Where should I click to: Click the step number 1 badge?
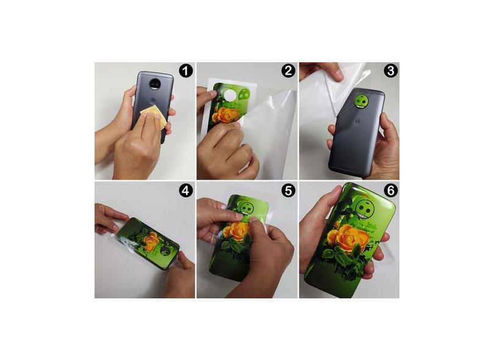pyautogui.click(x=186, y=71)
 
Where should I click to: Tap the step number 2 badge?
pyautogui.click(x=288, y=71)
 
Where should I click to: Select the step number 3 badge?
pyautogui.click(x=391, y=71)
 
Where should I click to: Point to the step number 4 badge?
pyautogui.click(x=186, y=190)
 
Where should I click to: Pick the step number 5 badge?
pyautogui.click(x=288, y=190)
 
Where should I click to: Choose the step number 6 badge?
pyautogui.click(x=391, y=190)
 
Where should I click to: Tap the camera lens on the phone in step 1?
pyautogui.click(x=155, y=84)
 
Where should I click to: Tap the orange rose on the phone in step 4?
pyautogui.click(x=151, y=241)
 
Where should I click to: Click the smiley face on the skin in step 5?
pyautogui.click(x=248, y=208)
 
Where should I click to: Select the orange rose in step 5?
pyautogui.click(x=235, y=231)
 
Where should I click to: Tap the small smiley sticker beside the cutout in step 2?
pyautogui.click(x=243, y=95)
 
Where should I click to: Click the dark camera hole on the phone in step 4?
pyautogui.click(x=165, y=251)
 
